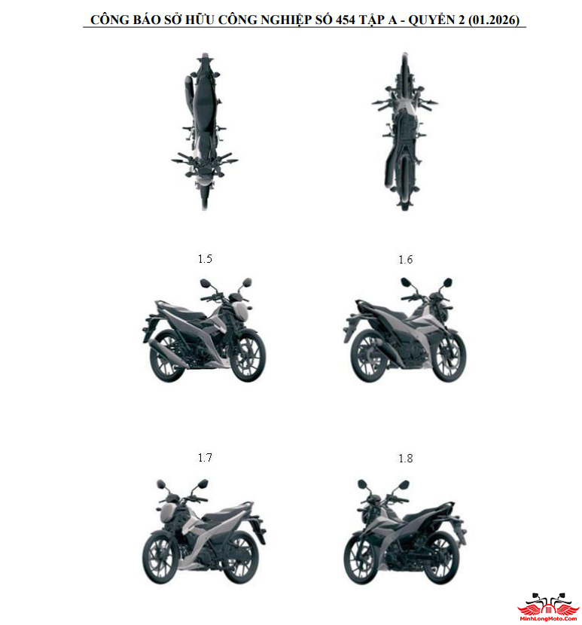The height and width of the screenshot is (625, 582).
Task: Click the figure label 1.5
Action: (x=205, y=259)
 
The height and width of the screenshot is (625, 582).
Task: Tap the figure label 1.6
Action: (x=406, y=260)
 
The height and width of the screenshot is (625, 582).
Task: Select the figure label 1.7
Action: (x=205, y=458)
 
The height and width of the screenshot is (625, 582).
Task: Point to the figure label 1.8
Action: (x=406, y=459)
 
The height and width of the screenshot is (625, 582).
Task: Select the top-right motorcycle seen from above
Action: (x=404, y=128)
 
